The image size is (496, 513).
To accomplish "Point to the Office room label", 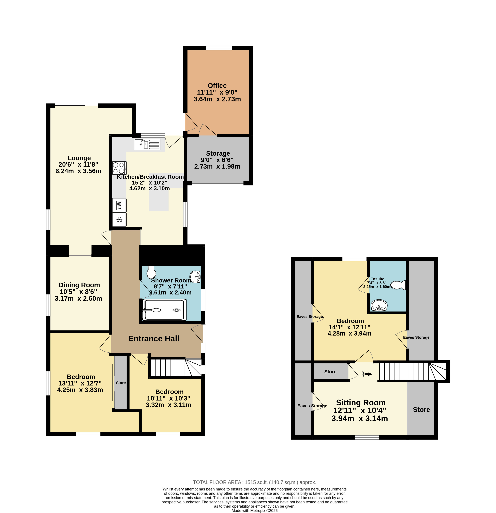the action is (217, 86).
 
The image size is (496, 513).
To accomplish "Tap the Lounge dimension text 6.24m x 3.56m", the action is (78, 171).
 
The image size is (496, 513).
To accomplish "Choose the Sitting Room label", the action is (361, 402).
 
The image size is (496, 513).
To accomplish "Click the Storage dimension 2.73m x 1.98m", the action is (217, 166).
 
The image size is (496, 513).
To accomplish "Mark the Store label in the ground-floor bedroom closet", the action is (121, 383).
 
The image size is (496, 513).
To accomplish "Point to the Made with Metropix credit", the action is (254, 510).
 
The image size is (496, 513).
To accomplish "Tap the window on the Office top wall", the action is (219, 48).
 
